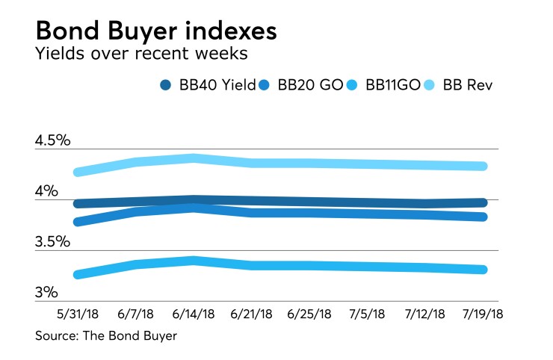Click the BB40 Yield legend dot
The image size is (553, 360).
coord(167,85)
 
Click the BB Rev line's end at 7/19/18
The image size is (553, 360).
coord(484,167)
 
